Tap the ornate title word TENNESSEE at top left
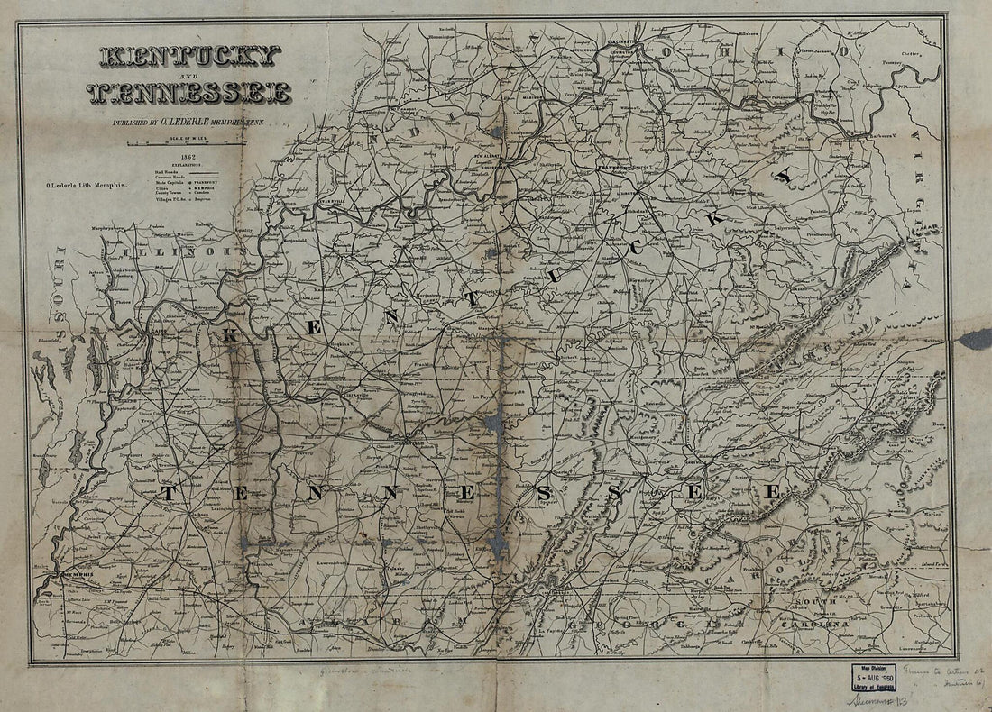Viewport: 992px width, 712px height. click(189, 92)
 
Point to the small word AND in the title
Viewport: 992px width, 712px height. click(188, 75)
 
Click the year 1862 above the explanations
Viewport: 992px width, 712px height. click(188, 156)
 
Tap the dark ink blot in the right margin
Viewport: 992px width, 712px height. click(977, 338)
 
